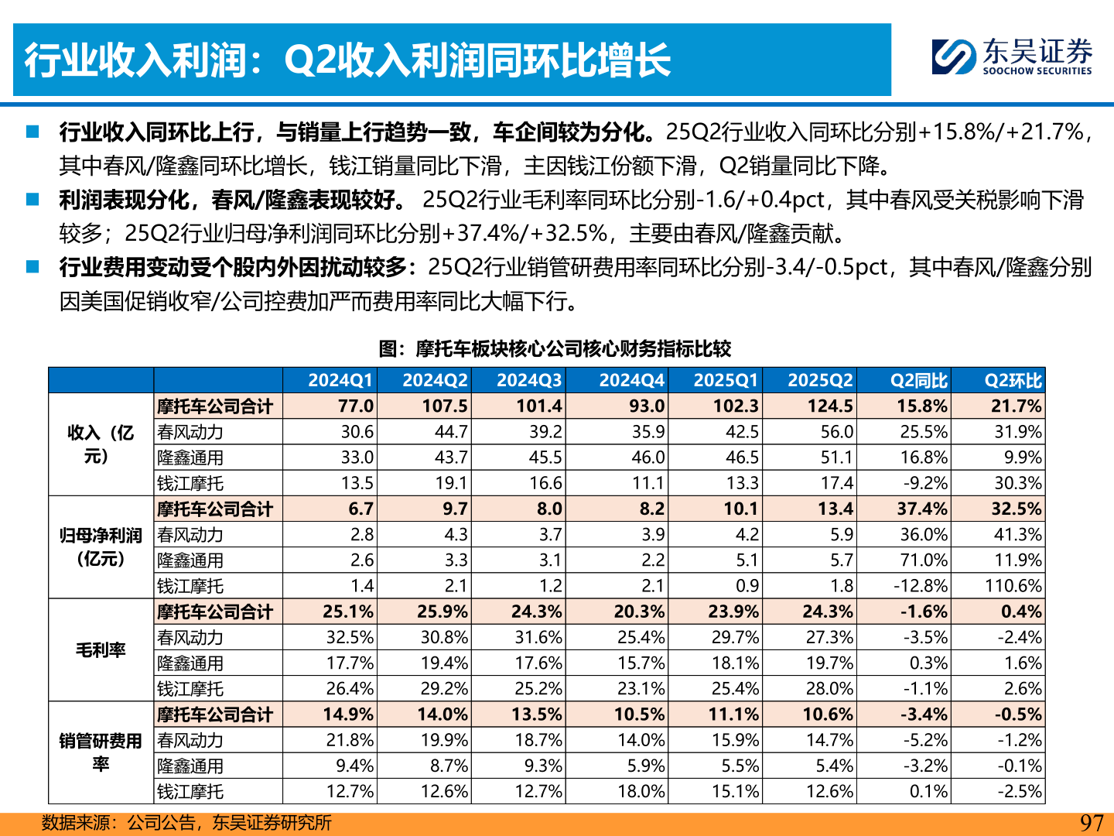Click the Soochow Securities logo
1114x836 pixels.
(1012, 57)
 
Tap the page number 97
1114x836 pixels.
(1091, 823)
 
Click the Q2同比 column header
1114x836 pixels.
(918, 380)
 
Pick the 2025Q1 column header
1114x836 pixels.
(726, 380)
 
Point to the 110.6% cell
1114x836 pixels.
(1013, 586)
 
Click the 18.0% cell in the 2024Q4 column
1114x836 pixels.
(641, 792)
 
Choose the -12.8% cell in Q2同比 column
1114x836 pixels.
(920, 586)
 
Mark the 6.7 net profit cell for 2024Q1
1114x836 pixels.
(361, 509)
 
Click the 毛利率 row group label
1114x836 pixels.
(101, 650)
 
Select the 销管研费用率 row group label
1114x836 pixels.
(101, 752)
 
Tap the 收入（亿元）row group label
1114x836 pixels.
(101, 444)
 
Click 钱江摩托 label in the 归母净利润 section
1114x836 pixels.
(190, 586)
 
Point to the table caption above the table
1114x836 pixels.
(555, 348)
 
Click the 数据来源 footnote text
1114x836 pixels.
(186, 823)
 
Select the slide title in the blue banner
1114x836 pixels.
(347, 60)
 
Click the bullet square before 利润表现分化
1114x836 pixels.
(32, 200)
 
